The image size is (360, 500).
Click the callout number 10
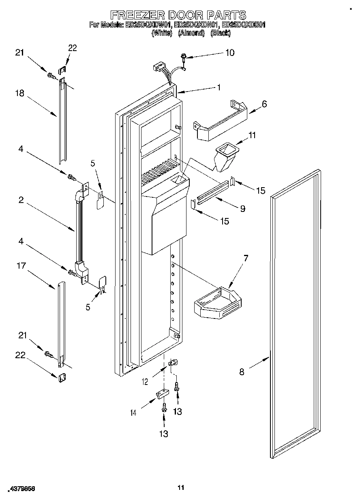(229, 53)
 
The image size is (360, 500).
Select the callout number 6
(264, 104)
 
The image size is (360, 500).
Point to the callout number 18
(19, 93)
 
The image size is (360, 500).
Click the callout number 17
(21, 266)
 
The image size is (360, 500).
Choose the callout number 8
(242, 372)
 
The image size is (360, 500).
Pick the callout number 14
(133, 412)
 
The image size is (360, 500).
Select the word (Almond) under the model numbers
(191, 33)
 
